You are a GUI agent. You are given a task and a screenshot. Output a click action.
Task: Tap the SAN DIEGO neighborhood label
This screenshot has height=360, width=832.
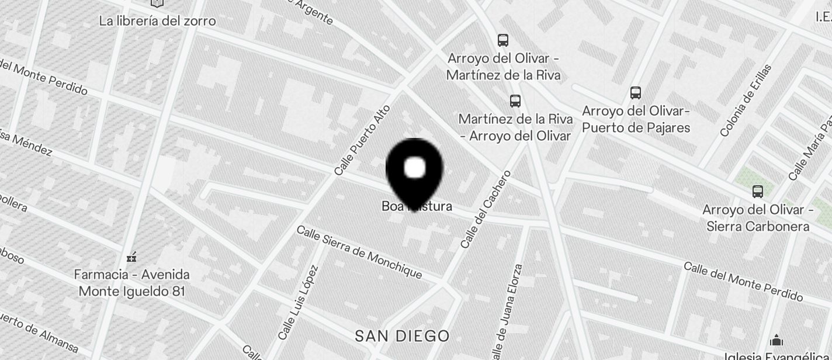pos(403,336)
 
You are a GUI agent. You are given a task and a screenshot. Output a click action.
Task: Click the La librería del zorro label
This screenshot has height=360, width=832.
pos(157,21)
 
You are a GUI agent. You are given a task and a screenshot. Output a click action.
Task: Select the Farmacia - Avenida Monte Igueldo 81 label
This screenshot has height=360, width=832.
pos(132,282)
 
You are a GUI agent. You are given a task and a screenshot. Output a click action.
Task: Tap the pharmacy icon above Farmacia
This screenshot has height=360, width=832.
pos(131,257)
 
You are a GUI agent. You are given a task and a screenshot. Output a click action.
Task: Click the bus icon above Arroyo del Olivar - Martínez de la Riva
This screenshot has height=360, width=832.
pos(503,40)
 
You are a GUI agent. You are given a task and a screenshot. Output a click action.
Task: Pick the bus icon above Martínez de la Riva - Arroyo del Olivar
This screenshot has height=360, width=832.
pos(515,101)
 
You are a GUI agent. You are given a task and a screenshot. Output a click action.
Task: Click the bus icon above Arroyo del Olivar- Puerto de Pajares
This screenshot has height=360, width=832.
pos(636,92)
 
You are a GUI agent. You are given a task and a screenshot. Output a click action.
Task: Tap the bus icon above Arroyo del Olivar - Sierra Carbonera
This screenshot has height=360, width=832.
pos(758,191)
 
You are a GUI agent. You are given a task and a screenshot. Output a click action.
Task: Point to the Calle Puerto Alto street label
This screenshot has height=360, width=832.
pos(362,140)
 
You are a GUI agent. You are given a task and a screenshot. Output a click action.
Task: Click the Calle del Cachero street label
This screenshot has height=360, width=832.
pos(486,209)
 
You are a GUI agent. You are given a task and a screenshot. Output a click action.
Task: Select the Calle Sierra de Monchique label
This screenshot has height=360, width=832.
pos(359,251)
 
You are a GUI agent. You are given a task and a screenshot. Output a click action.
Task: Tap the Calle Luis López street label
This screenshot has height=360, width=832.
pos(298,303)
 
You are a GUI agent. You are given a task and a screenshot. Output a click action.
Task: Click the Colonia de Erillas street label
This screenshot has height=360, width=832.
pos(746,101)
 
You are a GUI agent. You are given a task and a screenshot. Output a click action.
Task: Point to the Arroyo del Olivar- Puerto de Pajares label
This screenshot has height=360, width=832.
pos(636,119)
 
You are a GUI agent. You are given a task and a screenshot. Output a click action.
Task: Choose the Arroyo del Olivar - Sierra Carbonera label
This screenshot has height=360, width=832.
pos(758,218)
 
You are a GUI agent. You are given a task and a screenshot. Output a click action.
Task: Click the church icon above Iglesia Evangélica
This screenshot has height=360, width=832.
pos(776,340)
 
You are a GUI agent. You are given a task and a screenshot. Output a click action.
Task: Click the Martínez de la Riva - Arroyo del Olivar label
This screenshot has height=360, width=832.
pos(515,127)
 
